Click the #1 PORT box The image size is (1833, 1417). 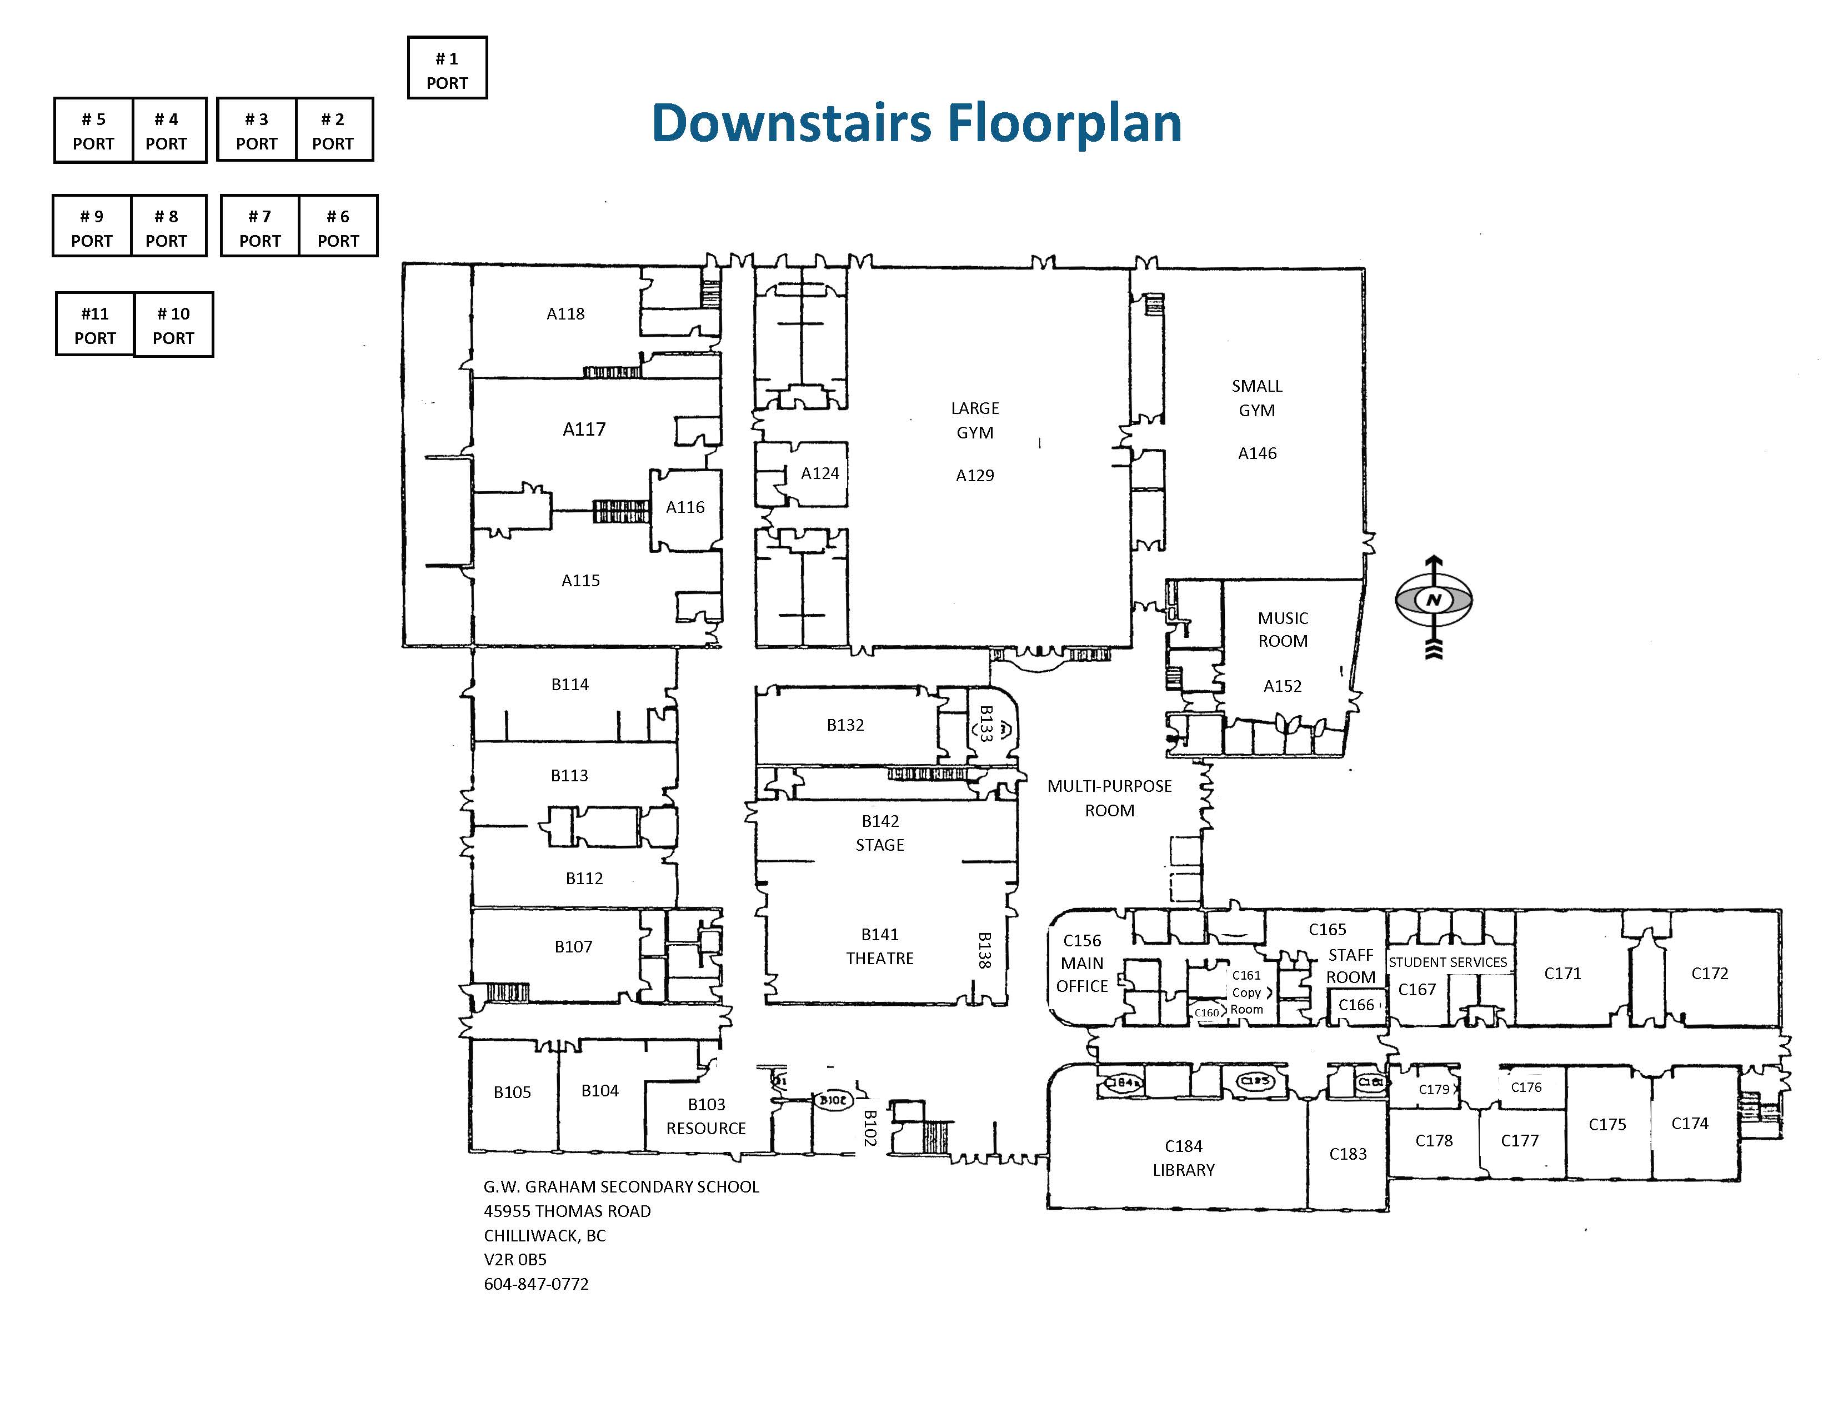[447, 68]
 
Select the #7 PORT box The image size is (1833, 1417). [259, 227]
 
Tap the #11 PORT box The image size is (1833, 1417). [95, 325]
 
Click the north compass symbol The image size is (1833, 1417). [1434, 600]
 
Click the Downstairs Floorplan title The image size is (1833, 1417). [916, 123]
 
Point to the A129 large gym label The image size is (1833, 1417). [974, 442]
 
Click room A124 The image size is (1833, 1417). [819, 473]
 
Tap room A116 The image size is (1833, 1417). [685, 507]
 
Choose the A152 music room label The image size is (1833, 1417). [1283, 651]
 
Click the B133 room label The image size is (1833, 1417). [986, 724]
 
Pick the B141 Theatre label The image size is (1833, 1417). [880, 946]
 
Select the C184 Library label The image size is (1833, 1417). [1183, 1157]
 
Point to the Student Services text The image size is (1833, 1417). [1448, 962]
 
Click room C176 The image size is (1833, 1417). [1526, 1087]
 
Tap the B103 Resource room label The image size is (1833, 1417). [706, 1116]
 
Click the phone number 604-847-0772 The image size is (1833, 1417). [537, 1284]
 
